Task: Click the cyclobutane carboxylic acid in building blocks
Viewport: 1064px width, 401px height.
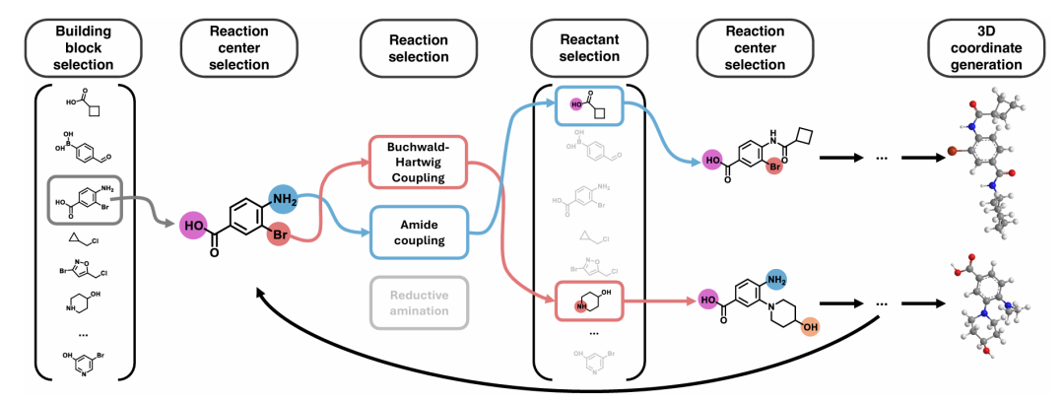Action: [84, 103]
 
